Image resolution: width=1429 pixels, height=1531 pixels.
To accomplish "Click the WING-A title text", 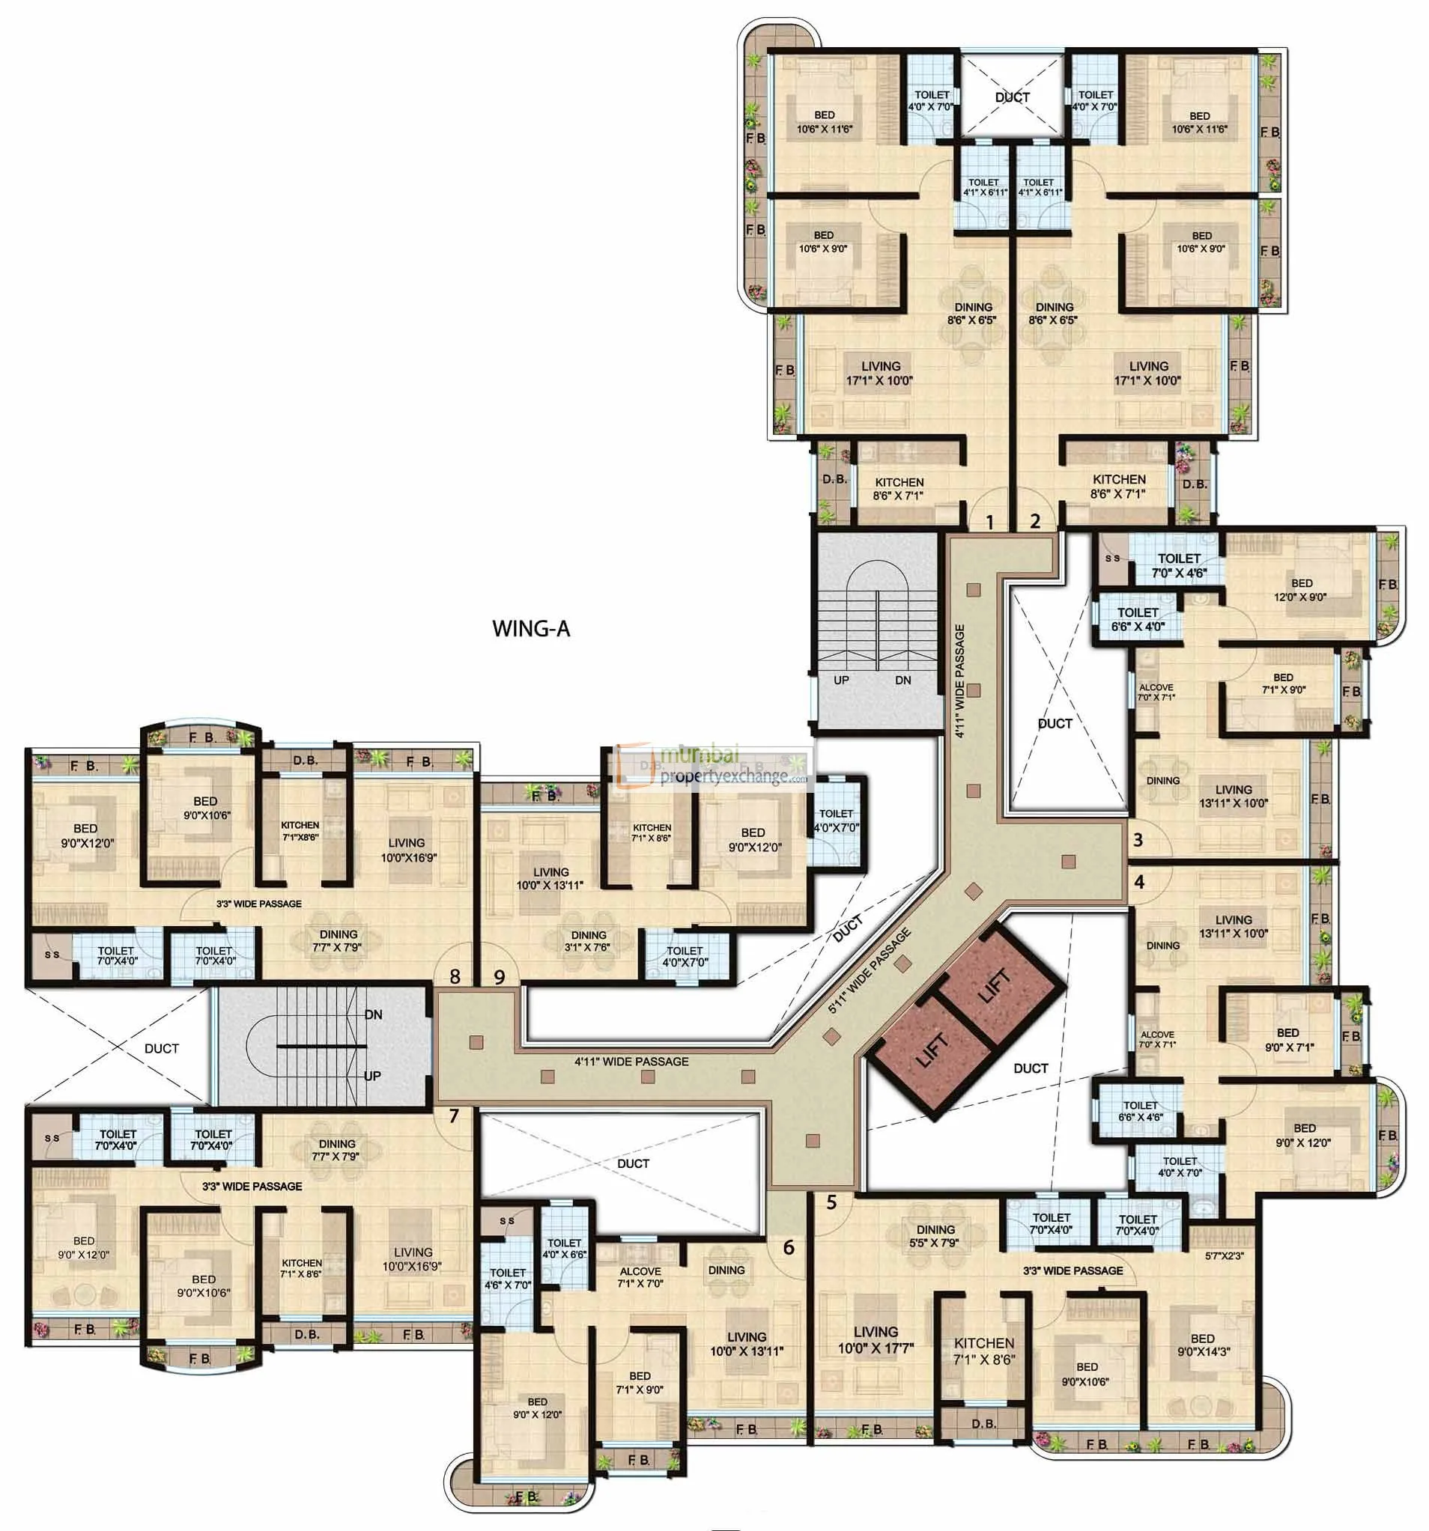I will click(x=531, y=628).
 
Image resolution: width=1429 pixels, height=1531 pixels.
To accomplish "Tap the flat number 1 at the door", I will click(x=990, y=523).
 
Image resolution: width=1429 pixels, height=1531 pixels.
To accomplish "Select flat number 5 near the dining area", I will click(x=831, y=1202).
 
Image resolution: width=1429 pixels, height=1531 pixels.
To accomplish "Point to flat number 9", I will click(x=500, y=977).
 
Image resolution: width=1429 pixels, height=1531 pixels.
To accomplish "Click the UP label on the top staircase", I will click(x=841, y=680).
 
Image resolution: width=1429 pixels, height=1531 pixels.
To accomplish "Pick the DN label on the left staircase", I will click(x=373, y=1015).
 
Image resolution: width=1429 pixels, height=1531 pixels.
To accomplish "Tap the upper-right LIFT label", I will click(x=995, y=987).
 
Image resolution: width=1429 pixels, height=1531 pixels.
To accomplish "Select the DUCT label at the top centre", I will click(x=1012, y=97).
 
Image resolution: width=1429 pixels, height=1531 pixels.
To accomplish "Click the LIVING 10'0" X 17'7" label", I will click(x=875, y=1340).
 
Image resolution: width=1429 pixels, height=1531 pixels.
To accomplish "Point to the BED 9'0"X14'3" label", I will click(x=1202, y=1344).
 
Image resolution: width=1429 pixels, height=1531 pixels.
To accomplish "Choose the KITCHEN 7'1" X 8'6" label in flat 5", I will click(x=983, y=1351).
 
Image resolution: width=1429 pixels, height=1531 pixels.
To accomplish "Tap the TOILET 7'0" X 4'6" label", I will click(x=1179, y=565).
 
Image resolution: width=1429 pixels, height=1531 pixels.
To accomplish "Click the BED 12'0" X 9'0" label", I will click(x=1302, y=589).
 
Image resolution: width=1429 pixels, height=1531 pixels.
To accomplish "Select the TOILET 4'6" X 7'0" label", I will click(x=508, y=1279).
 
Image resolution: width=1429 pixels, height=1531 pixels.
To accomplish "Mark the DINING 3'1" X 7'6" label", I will click(x=589, y=941).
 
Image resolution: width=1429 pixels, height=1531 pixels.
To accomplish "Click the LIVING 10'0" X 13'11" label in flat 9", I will click(x=550, y=879).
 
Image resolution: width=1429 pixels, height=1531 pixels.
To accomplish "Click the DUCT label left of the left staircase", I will click(x=161, y=1048).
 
